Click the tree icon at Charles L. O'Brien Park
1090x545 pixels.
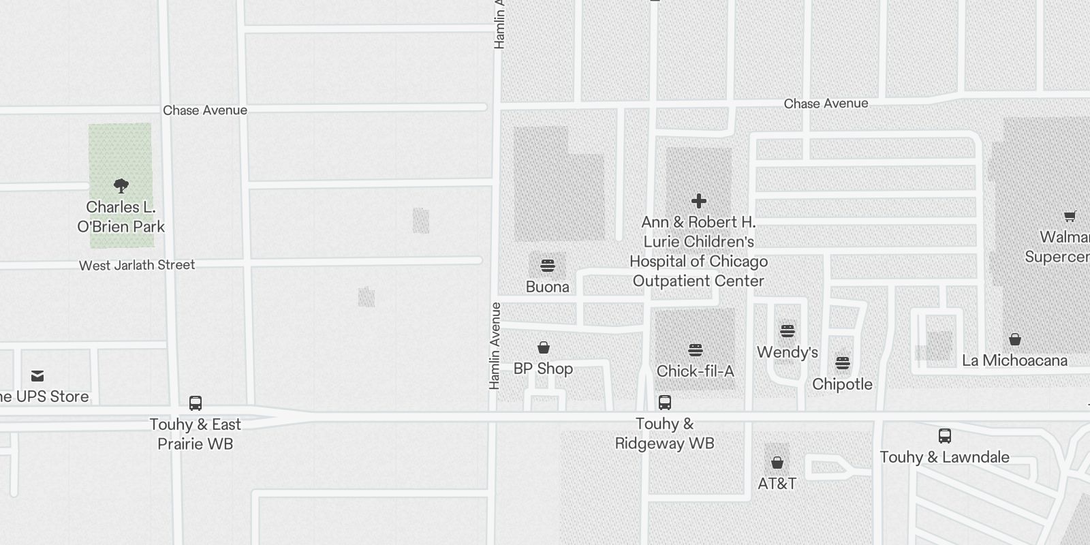(x=121, y=185)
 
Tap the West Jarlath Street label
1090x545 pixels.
(x=137, y=265)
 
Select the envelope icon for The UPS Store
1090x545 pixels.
(x=37, y=376)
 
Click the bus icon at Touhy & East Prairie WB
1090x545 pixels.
(x=196, y=403)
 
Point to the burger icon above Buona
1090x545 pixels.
(x=548, y=265)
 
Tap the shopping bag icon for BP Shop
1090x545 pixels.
(x=544, y=347)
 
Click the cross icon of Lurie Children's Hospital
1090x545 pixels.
(x=698, y=201)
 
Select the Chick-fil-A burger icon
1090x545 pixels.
(x=696, y=350)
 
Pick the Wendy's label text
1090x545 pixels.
(x=788, y=352)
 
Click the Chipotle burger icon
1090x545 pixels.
(x=843, y=363)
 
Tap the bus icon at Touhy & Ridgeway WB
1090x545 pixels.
(x=665, y=403)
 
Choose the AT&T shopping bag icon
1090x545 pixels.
(x=777, y=463)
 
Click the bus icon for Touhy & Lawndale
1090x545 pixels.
(x=945, y=436)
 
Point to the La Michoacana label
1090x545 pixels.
(x=1014, y=360)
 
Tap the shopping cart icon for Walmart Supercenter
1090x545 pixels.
(x=1070, y=217)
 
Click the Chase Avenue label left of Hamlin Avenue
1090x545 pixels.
(x=205, y=110)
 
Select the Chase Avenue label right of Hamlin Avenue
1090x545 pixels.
(x=826, y=104)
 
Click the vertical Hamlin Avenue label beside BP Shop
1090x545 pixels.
(x=495, y=346)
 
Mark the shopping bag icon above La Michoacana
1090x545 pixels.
(x=1015, y=339)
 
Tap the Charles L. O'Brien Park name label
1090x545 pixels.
(x=121, y=217)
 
